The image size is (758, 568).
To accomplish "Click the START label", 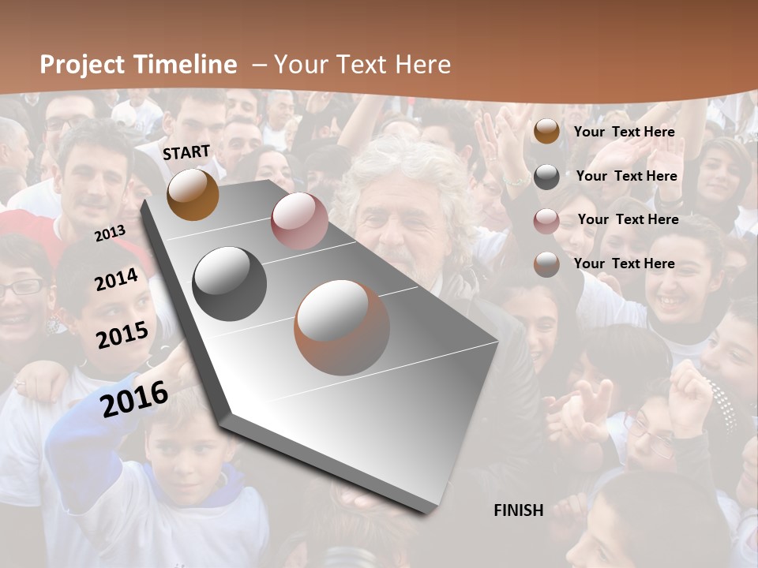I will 186,152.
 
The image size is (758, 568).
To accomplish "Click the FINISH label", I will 518,510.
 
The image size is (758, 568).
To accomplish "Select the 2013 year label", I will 110,234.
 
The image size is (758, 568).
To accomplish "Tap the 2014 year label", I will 116,279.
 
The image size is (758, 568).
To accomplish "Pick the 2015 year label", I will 122,335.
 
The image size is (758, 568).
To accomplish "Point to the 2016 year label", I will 134,398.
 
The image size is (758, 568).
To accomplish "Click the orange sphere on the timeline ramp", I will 193,194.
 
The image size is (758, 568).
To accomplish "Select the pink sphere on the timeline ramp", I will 299,221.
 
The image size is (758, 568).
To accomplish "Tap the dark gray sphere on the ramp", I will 230,284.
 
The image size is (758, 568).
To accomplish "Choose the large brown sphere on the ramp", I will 342,327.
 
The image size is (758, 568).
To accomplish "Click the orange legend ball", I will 546,131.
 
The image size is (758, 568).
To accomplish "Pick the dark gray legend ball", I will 546,176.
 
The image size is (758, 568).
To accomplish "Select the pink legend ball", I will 546,221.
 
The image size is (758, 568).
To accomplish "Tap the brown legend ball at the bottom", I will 546,264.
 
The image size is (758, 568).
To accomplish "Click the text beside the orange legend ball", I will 624,132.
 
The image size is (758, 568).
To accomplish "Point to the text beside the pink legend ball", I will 628,219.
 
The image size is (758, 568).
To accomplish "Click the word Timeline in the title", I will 185,65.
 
